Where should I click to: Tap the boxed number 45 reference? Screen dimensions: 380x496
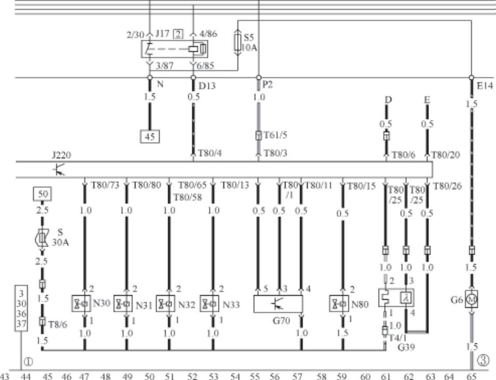[150, 137]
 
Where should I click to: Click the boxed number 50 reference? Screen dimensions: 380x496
[42, 195]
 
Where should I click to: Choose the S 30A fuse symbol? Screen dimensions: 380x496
[42, 238]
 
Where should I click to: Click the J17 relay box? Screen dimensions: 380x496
[174, 49]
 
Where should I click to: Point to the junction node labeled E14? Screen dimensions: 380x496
[471, 78]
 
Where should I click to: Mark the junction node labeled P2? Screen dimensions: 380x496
[258, 78]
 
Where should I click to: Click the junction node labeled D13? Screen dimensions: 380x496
[193, 78]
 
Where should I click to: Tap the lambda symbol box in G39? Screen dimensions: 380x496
[406, 298]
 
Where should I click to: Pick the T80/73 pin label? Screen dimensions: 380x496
[105, 185]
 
